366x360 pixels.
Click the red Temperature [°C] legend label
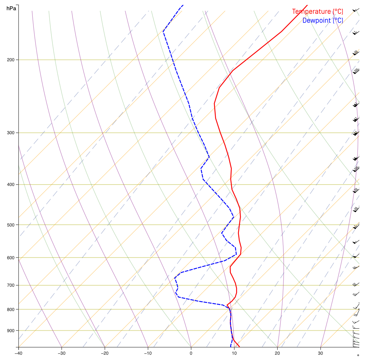coord(317,12)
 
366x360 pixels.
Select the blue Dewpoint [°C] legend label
coord(322,20)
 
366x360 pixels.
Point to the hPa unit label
coord(11,8)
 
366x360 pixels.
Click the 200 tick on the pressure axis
coord(11,60)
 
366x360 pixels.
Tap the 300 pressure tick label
coord(11,133)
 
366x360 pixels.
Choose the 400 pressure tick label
coord(11,185)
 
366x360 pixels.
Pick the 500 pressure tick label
coord(11,225)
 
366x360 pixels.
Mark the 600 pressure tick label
coord(11,257)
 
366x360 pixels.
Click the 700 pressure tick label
coord(11,285)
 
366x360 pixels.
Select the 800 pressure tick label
coord(11,309)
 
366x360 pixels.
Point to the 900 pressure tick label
coord(11,330)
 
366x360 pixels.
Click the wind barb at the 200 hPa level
coord(356,53)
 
